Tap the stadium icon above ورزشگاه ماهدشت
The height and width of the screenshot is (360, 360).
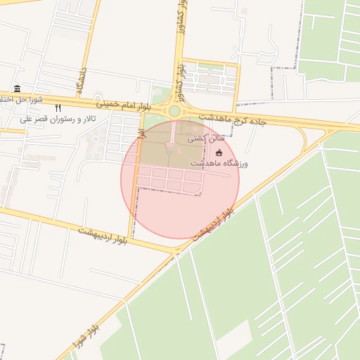pyautogui.click(x=219, y=153)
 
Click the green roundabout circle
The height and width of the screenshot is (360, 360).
pyautogui.click(x=174, y=111)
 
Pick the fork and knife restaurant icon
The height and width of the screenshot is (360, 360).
pyautogui.click(x=58, y=108)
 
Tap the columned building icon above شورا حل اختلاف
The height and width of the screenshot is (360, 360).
pyautogui.click(x=17, y=89)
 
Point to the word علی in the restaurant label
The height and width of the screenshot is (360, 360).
pyautogui.click(x=26, y=120)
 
